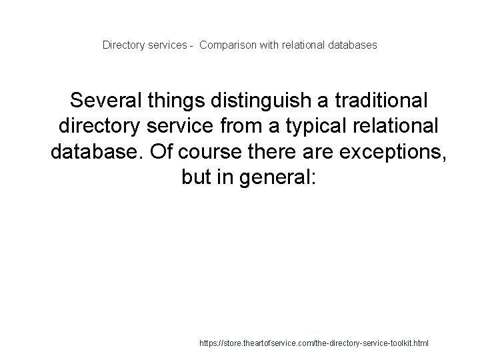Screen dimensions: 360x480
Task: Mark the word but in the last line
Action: click(x=197, y=177)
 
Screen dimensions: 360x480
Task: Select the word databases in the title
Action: click(x=351, y=45)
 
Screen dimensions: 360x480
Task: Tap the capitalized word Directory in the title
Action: click(x=123, y=45)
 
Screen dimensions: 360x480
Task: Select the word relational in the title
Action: click(x=300, y=45)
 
